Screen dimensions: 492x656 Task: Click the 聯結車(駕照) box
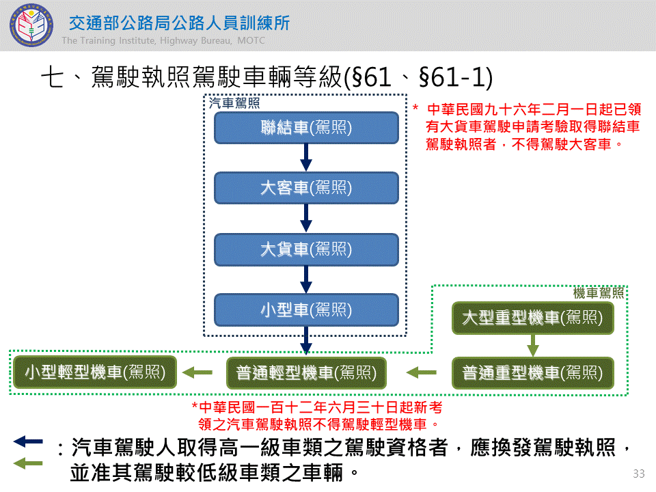click(x=306, y=128)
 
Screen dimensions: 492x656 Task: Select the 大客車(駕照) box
click(x=306, y=188)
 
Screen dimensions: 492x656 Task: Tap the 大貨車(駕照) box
click(x=306, y=249)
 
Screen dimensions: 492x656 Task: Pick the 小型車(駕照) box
click(x=306, y=310)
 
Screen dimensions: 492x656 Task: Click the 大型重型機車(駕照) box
click(x=532, y=318)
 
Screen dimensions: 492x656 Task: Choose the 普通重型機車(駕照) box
click(x=532, y=373)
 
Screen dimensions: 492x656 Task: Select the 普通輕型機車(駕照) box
click(x=306, y=373)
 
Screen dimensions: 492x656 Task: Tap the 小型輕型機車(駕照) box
click(x=96, y=373)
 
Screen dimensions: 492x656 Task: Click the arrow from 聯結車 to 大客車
click(x=306, y=158)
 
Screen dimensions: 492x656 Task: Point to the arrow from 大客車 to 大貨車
click(x=306, y=219)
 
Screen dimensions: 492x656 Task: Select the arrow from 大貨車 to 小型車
click(x=306, y=279)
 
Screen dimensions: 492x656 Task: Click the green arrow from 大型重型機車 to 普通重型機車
click(x=532, y=346)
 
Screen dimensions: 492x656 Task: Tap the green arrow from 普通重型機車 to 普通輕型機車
click(x=422, y=373)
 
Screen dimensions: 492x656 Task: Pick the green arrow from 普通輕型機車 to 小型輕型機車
click(x=197, y=373)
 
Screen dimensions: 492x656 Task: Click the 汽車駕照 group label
click(x=233, y=103)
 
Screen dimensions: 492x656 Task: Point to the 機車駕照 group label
click(x=599, y=293)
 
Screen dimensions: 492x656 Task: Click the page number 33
click(x=639, y=474)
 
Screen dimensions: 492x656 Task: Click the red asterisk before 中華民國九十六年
click(x=415, y=109)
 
